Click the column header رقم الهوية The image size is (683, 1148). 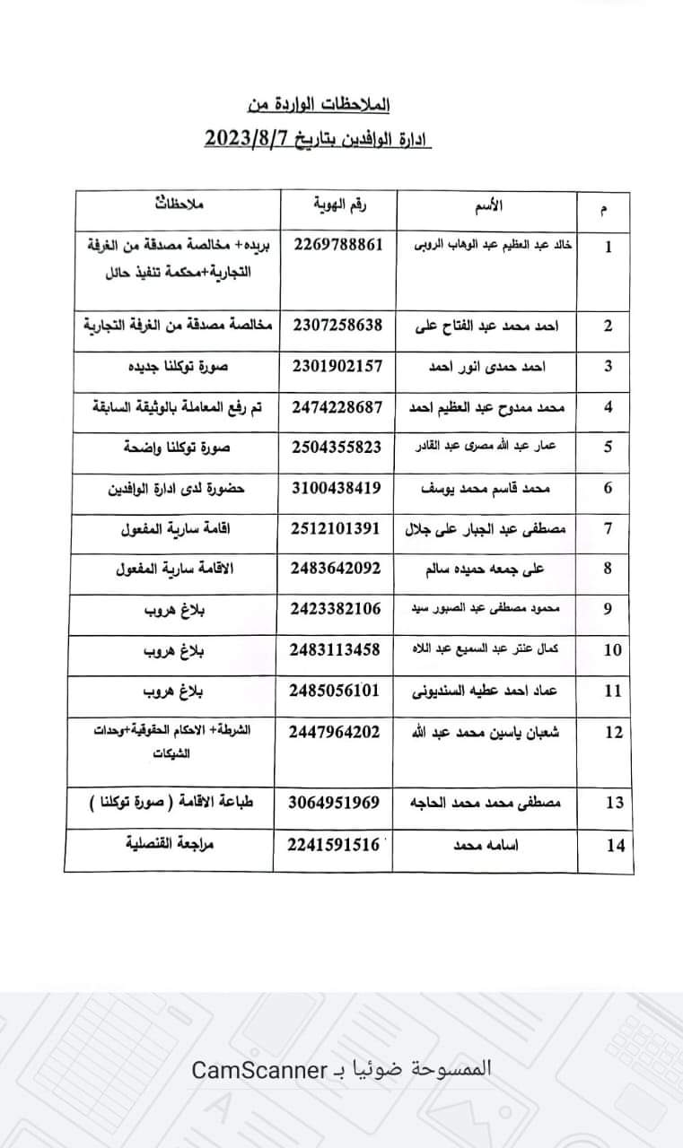pos(337,207)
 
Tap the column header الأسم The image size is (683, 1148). pos(486,207)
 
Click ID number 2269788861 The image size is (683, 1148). pos(337,244)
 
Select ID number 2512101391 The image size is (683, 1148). pos(337,528)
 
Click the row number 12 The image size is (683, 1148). pos(614,732)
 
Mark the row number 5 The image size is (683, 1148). pos(609,447)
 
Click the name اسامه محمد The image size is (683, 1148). pos(486,845)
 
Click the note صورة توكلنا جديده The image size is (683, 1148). pos(180,366)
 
